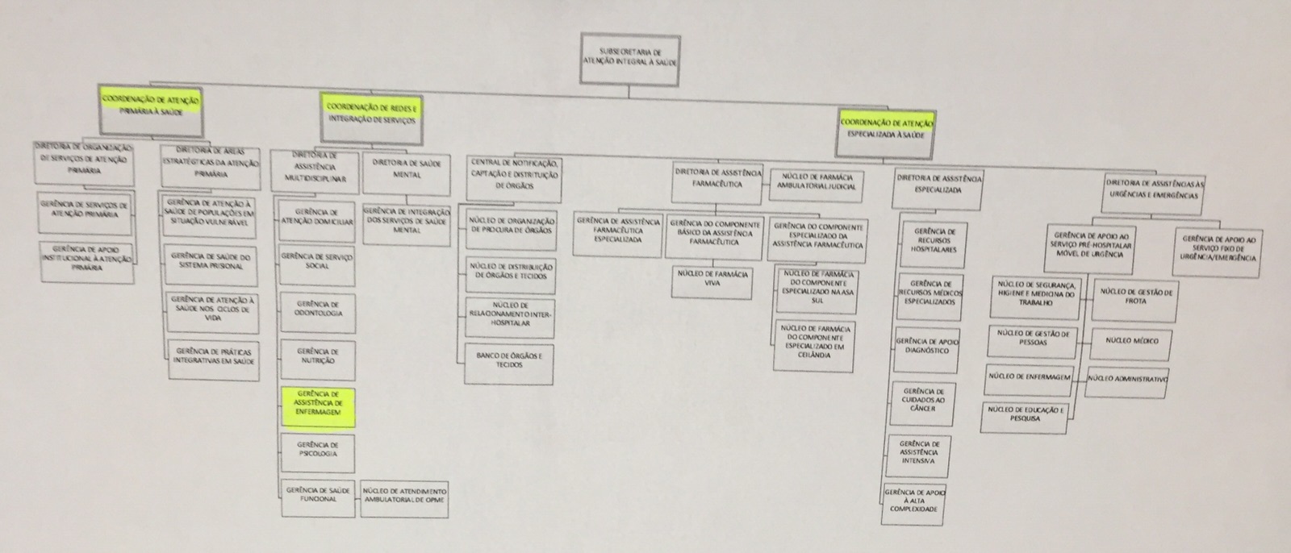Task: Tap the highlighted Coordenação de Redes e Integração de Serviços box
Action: (371, 111)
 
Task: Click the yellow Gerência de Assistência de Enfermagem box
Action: (318, 405)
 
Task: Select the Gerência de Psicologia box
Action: (317, 451)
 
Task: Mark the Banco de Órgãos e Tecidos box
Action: (510, 361)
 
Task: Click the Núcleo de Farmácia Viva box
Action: (712, 279)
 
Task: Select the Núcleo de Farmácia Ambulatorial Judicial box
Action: (815, 186)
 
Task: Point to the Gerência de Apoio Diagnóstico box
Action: (926, 347)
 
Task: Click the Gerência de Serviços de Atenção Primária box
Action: (85, 211)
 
